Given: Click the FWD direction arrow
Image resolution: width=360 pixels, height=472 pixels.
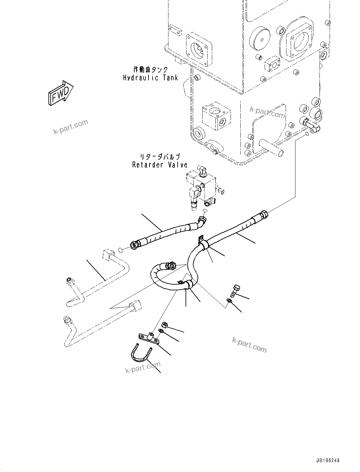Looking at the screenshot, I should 60,93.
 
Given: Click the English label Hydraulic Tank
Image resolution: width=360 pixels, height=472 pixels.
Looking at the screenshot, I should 150,78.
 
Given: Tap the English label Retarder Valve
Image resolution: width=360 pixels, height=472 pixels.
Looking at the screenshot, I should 160,165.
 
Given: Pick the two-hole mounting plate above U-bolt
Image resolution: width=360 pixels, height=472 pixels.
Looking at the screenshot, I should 148,338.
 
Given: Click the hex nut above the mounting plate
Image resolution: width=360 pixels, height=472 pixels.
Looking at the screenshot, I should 164,325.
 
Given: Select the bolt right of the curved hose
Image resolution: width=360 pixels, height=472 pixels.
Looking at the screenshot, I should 236,290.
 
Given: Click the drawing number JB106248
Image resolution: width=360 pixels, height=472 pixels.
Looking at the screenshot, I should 327,461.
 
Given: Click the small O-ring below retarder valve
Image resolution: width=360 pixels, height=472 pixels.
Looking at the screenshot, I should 205,211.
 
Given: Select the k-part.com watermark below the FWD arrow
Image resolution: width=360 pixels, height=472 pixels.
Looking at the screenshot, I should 71,127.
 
